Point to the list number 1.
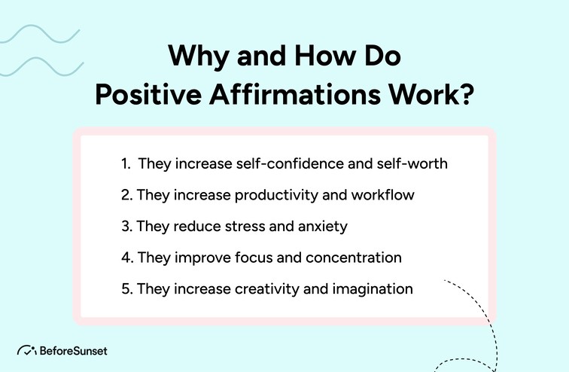pos(126,163)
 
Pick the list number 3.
pos(125,225)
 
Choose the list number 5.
pos(125,288)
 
